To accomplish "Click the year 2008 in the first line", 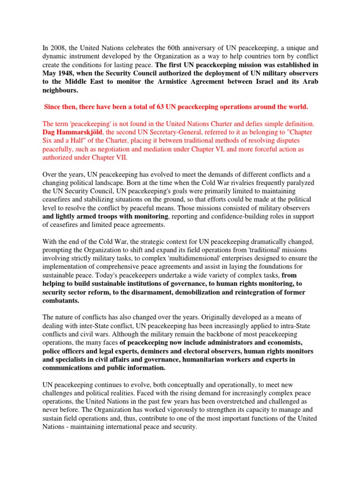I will coord(57,48).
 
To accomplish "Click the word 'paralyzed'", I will coord(297,183).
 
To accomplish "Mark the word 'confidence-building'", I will coord(228,217).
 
